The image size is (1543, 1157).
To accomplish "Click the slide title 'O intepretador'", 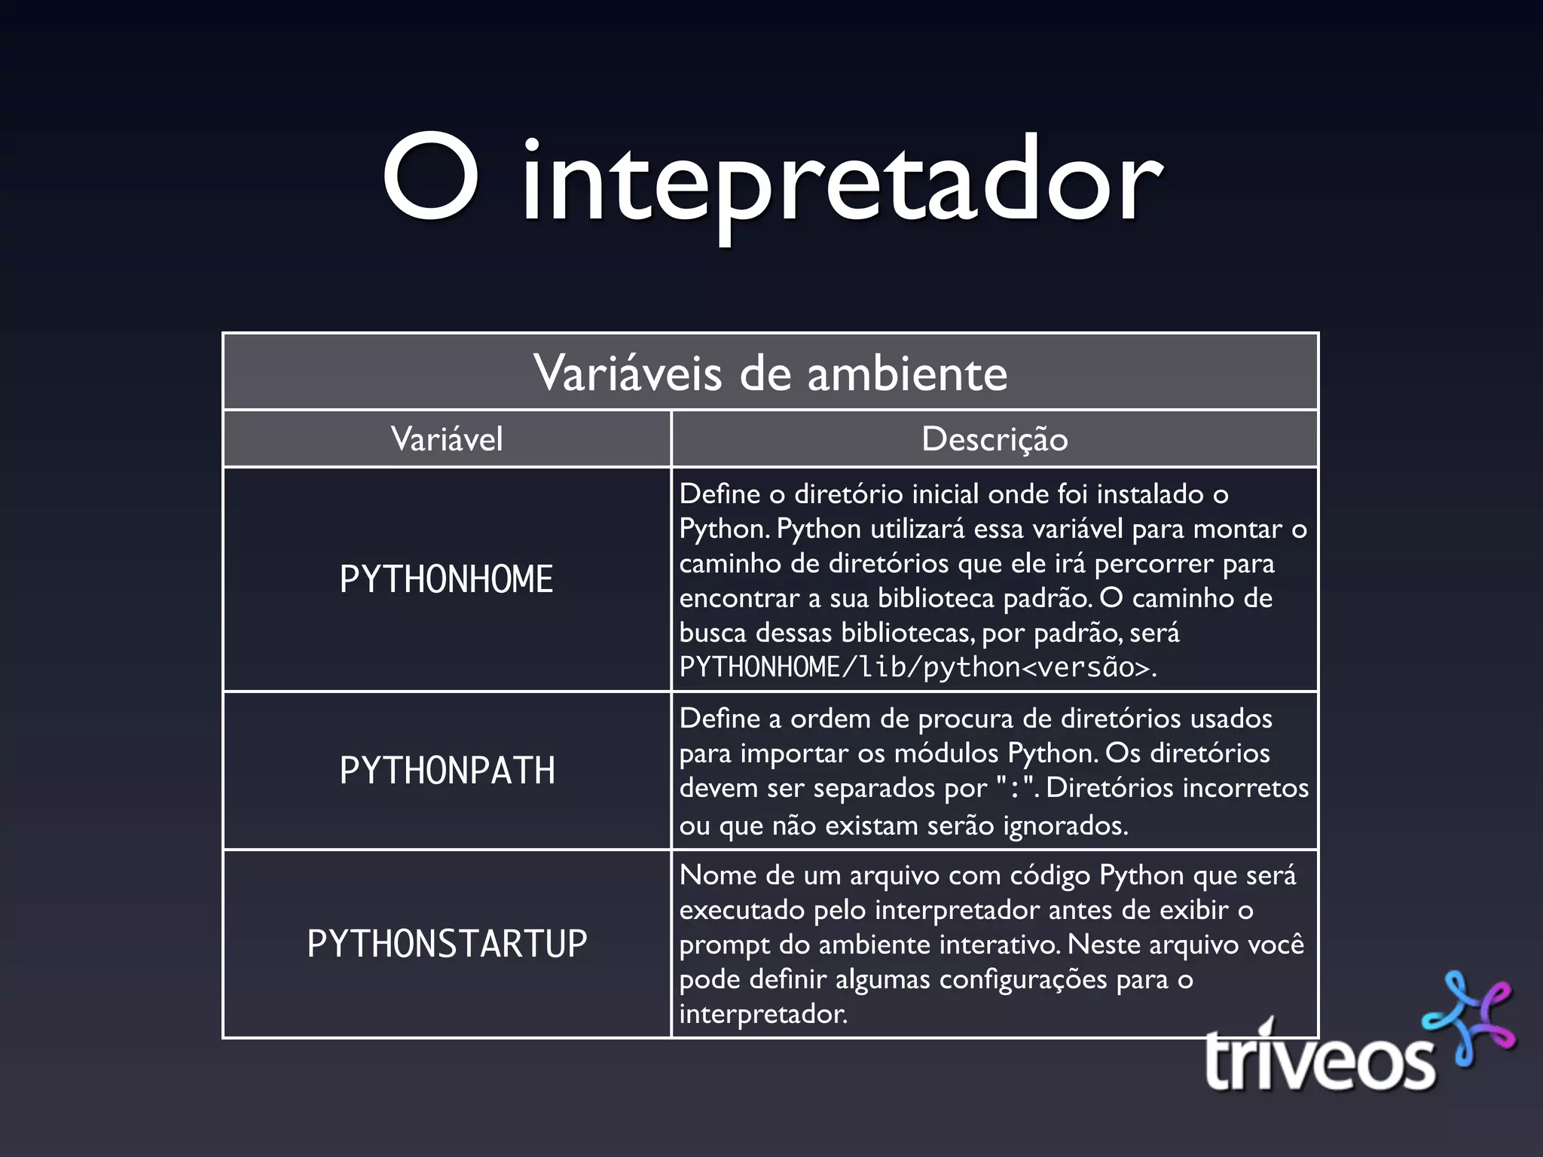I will pos(771,181).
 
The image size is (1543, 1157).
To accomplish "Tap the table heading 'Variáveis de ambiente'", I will pos(770,373).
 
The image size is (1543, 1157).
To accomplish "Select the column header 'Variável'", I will pos(447,439).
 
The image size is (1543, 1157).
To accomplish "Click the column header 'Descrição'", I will pos(995,439).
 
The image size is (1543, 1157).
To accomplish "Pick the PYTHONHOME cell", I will pos(447,579).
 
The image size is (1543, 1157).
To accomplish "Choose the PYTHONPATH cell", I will pos(447,771).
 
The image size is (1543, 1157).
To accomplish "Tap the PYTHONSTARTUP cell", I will pos(447,944).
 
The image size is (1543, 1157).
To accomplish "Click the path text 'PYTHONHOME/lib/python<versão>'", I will pos(915,667).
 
